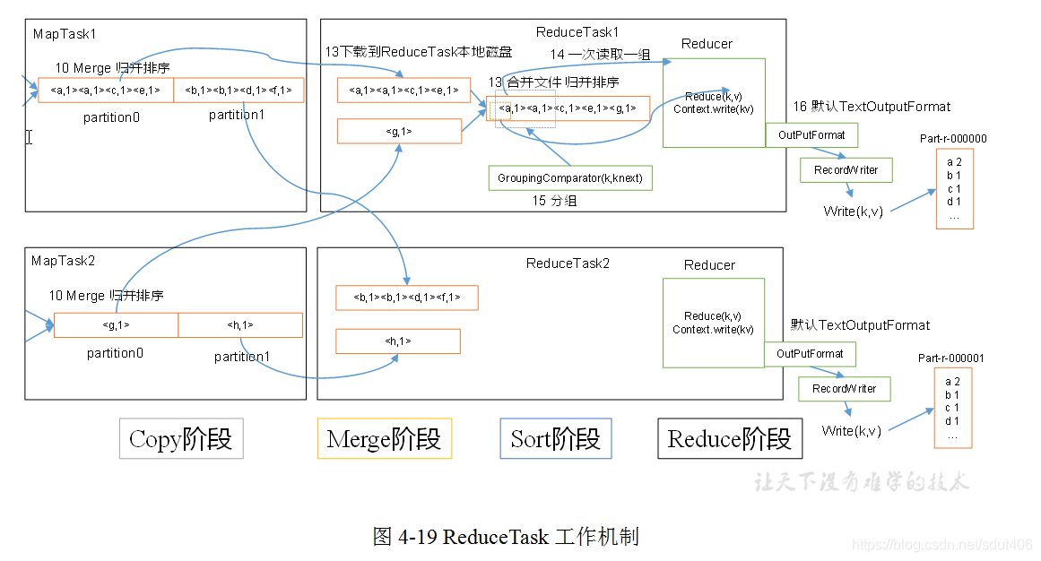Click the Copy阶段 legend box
(x=181, y=439)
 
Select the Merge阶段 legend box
(x=384, y=439)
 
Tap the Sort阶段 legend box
(x=555, y=439)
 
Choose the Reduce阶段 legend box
(x=729, y=439)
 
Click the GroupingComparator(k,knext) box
(x=570, y=177)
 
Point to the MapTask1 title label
(x=65, y=33)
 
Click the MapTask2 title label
(x=63, y=261)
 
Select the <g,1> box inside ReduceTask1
(x=399, y=132)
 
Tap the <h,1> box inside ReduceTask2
(x=397, y=341)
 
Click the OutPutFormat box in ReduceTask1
(x=811, y=135)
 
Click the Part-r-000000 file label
(x=953, y=139)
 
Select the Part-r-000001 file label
(x=950, y=358)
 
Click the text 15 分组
(x=554, y=201)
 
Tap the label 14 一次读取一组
(x=600, y=56)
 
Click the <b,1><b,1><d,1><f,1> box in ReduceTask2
(x=406, y=298)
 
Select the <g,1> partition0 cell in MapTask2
(x=116, y=325)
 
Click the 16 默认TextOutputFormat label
(x=871, y=107)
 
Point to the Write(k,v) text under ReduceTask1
(x=853, y=211)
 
